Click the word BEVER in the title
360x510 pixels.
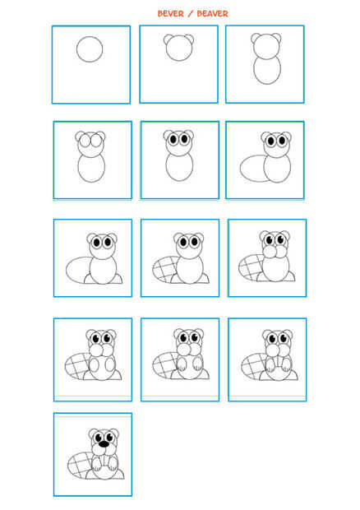click(170, 14)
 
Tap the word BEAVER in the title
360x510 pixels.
click(213, 14)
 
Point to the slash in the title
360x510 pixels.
click(191, 14)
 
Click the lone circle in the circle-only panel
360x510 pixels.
click(90, 37)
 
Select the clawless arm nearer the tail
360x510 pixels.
click(95, 364)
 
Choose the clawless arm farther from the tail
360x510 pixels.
click(110, 364)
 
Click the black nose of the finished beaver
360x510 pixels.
click(104, 444)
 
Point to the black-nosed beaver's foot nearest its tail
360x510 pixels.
click(90, 475)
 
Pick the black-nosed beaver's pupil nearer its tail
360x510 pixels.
click(98, 438)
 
